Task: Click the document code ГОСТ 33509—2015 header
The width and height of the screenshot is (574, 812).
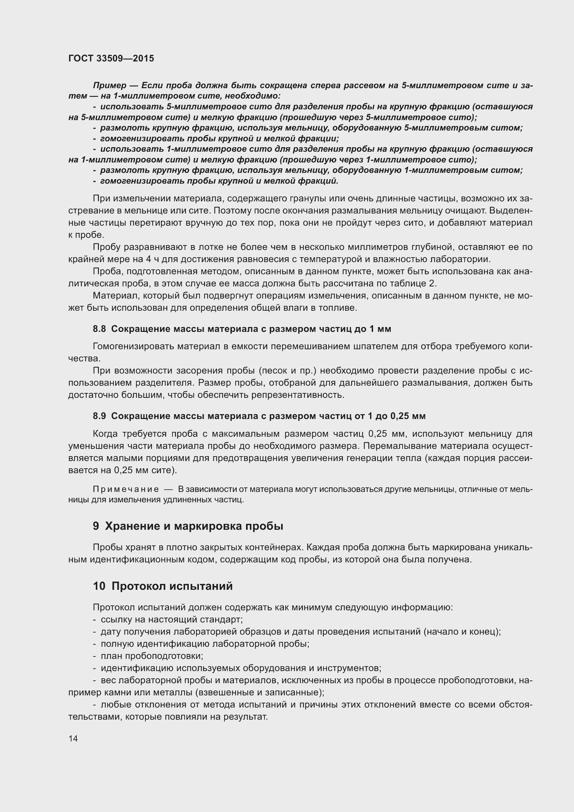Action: pyautogui.click(x=111, y=58)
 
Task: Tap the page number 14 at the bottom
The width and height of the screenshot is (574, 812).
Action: pyautogui.click(x=73, y=738)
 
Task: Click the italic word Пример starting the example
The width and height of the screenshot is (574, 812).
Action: pyautogui.click(x=110, y=85)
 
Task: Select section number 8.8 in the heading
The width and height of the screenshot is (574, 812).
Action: pyautogui.click(x=99, y=329)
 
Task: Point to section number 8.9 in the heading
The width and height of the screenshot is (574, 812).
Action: pyautogui.click(x=99, y=416)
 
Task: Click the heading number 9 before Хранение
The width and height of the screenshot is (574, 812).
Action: pyautogui.click(x=96, y=526)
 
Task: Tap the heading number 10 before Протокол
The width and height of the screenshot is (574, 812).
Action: pyautogui.click(x=99, y=586)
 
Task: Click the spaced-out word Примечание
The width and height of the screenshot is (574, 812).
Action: pyautogui.click(x=126, y=489)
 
